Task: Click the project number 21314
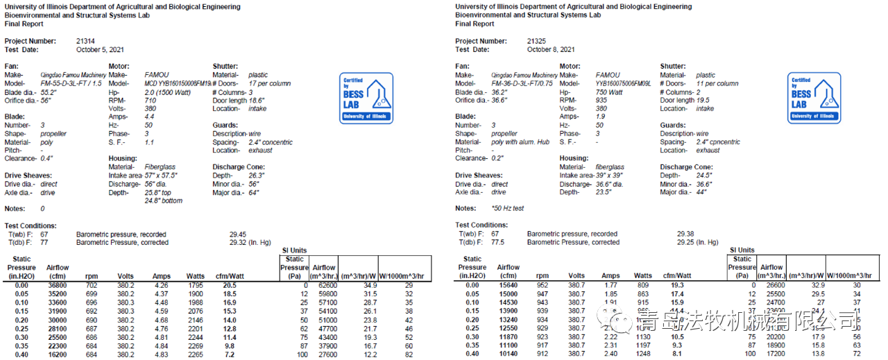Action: [x=85, y=42]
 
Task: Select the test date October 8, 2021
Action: [x=551, y=50]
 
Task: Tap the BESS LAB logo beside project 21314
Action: [x=366, y=98]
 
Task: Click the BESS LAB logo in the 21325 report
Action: [x=814, y=98]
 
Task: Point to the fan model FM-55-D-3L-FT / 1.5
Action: [x=71, y=83]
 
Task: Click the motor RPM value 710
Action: [x=150, y=100]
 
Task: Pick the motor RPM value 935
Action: [x=601, y=100]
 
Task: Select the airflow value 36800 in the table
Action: [x=58, y=285]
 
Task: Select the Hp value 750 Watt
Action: [x=610, y=92]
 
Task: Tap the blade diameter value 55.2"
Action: [x=49, y=92]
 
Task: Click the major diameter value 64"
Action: [x=254, y=192]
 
